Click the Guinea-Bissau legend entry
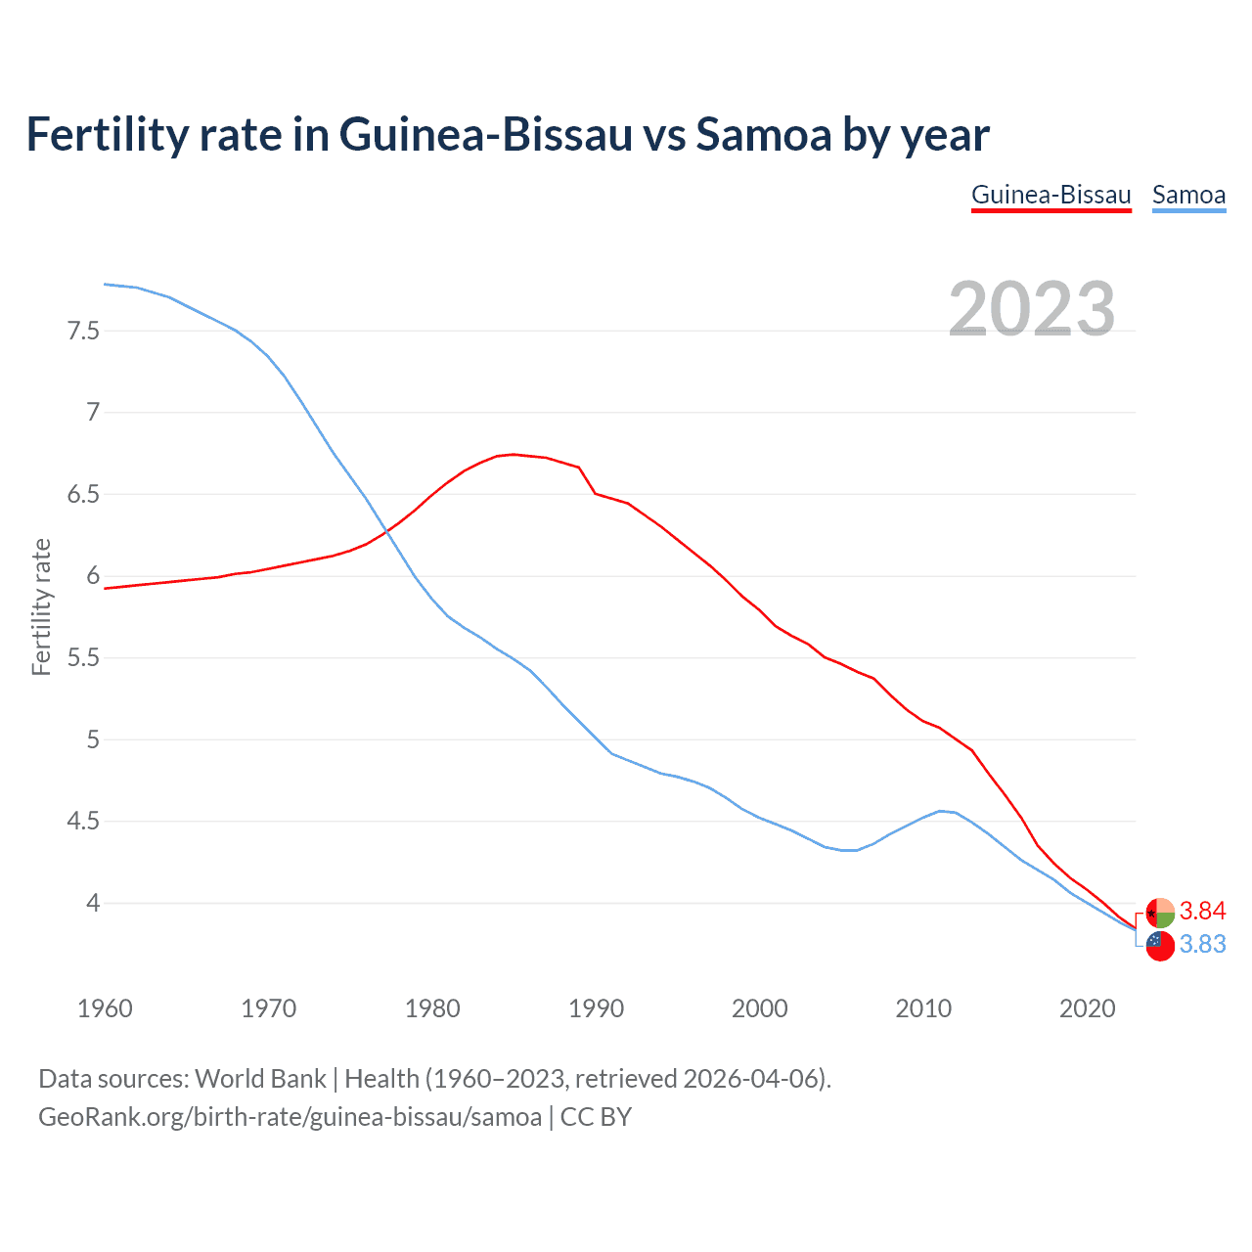1051,195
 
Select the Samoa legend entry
1188,195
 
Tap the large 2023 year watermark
1032,309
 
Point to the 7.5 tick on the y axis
83,331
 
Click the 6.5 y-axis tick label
83,494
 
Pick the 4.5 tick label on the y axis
83,821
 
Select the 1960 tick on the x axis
105,1008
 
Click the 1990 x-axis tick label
596,1008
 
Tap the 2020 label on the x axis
1087,1008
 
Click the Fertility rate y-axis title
41,606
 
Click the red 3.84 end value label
1202,912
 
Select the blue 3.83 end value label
1202,945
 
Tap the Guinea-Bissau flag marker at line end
1160,913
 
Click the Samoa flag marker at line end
1160,946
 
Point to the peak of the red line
514,454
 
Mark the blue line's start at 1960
105,284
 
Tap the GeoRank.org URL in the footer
290,1117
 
